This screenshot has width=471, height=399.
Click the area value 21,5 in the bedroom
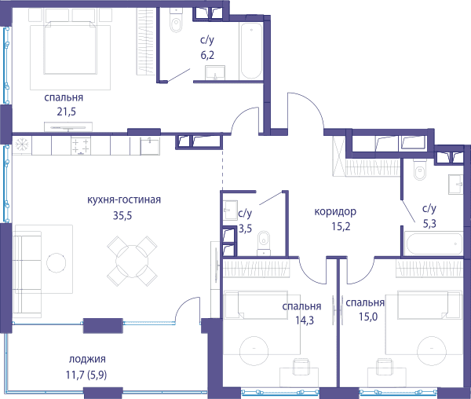(67, 112)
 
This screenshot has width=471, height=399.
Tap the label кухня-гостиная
(124, 199)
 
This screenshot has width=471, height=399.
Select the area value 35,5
(122, 215)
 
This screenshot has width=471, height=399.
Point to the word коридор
(335, 212)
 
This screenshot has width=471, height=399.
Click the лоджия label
(87, 359)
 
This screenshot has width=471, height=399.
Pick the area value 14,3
(305, 320)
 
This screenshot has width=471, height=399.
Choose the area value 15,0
(369, 317)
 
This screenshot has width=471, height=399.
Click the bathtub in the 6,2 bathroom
(251, 50)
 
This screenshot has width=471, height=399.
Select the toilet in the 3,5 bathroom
(264, 243)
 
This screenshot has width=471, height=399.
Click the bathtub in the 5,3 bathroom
(433, 243)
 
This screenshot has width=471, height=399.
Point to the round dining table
(132, 261)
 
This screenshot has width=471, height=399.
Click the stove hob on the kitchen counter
(81, 145)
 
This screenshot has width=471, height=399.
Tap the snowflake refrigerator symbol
(22, 145)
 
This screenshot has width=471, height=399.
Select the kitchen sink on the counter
(150, 146)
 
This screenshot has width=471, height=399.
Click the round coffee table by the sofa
(57, 263)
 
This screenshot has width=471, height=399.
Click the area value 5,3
(429, 224)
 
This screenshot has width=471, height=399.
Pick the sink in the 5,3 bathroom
(456, 184)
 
